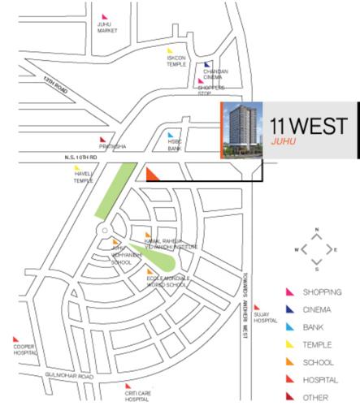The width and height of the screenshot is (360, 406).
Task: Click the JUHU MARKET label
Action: tap(108, 28)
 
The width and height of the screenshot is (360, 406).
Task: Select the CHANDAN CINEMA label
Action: tap(216, 72)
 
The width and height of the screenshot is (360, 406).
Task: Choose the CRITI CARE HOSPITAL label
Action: tap(137, 393)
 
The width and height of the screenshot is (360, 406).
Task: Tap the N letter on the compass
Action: tap(317, 230)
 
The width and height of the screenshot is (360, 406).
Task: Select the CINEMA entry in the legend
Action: tap(317, 309)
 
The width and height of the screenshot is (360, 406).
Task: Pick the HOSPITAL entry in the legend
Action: tap(319, 378)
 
